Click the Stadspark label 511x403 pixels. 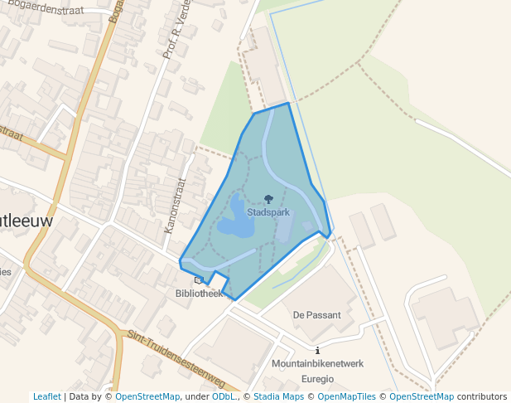(x=268, y=212)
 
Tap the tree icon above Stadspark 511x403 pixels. (x=268, y=199)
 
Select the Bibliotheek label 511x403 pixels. (x=199, y=294)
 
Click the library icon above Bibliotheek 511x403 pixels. (x=198, y=280)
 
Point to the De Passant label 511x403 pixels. (x=317, y=315)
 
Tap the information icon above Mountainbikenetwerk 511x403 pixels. (x=318, y=351)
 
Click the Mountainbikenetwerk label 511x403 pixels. (x=318, y=364)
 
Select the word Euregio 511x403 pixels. (x=318, y=378)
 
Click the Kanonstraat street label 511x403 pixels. (x=173, y=204)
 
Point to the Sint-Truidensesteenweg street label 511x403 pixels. (x=176, y=360)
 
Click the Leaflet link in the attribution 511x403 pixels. (x=47, y=396)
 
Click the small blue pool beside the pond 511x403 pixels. (x=307, y=226)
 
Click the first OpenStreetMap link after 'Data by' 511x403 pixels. (x=148, y=396)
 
